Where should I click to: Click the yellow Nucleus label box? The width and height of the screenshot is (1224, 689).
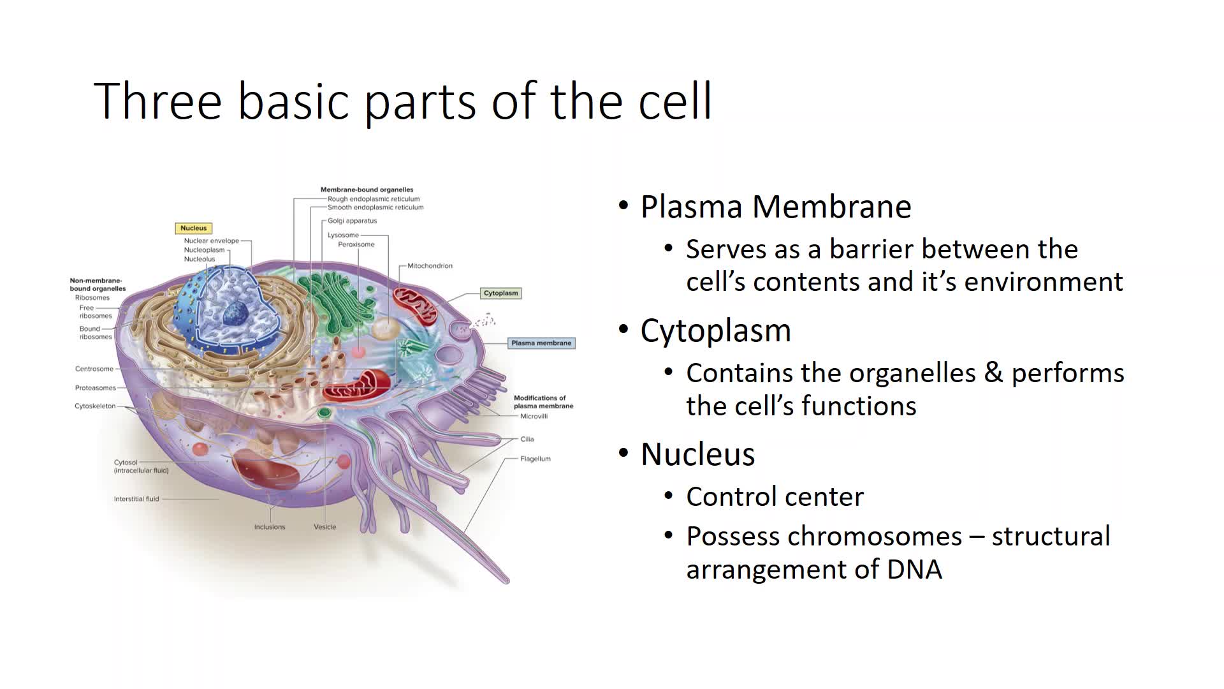(x=193, y=228)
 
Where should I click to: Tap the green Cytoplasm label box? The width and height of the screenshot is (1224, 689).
(x=501, y=293)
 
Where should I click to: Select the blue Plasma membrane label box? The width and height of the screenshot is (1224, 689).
(x=541, y=343)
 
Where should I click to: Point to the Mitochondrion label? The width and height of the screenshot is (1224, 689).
(x=430, y=266)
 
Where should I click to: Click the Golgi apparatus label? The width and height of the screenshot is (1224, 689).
(x=352, y=221)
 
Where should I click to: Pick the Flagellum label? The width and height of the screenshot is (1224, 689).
(x=535, y=459)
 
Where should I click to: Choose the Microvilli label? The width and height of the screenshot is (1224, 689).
(x=534, y=417)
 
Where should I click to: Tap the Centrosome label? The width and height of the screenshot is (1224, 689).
(x=94, y=369)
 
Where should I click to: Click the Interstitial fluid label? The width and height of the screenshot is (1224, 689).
(x=136, y=499)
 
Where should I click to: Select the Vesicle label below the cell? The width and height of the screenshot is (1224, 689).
(x=324, y=527)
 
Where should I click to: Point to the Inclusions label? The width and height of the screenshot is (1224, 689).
(x=270, y=527)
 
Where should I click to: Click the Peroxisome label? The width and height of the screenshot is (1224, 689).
(x=356, y=245)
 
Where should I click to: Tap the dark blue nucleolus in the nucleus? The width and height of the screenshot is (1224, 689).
(x=235, y=312)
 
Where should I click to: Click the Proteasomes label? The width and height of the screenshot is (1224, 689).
(x=96, y=388)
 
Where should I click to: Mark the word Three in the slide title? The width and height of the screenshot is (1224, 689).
(x=157, y=101)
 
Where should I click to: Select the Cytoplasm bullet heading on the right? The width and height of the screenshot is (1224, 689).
(x=715, y=330)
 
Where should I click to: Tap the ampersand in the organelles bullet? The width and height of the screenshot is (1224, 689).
(x=993, y=373)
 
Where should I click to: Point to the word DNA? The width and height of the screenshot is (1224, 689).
(x=914, y=569)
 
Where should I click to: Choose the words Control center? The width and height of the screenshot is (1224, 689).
(x=775, y=497)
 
